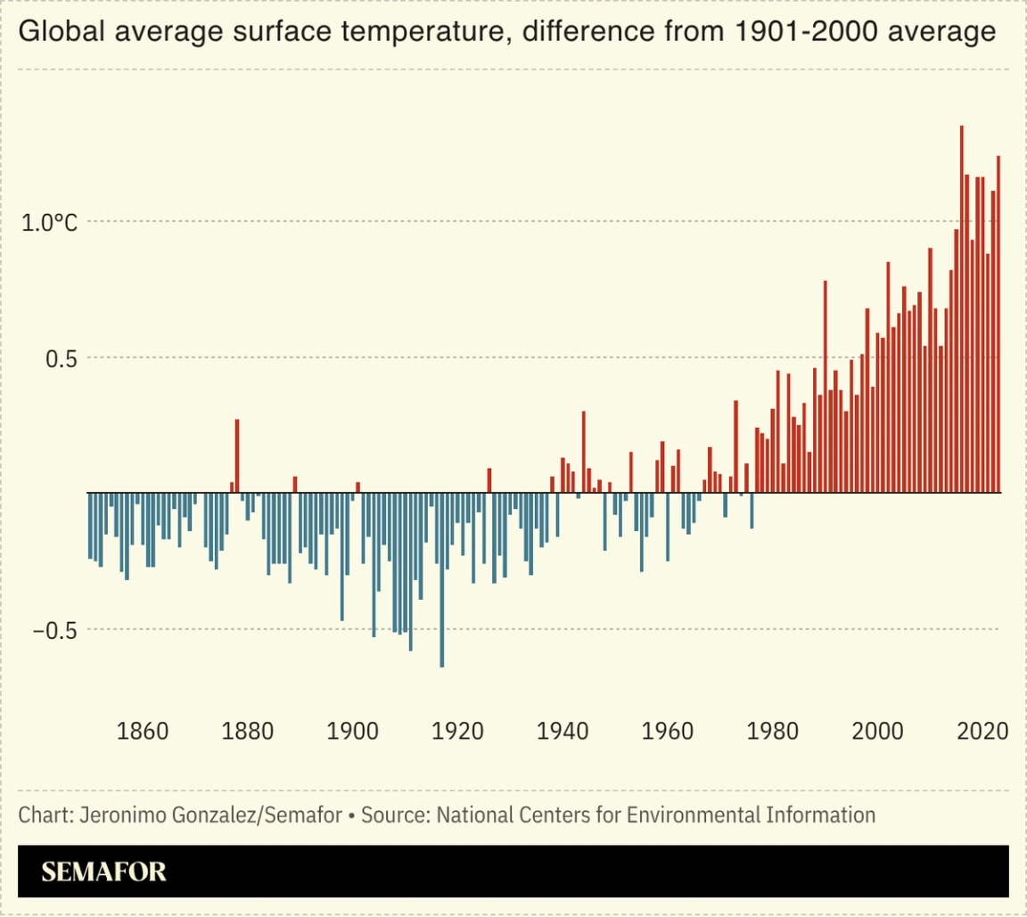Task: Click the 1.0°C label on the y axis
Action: click(50, 223)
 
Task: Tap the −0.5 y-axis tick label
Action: click(54, 630)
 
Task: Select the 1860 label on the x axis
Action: click(143, 732)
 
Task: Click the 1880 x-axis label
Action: click(248, 732)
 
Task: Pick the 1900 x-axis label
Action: click(353, 732)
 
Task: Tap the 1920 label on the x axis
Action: click(458, 732)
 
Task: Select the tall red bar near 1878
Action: click(237, 455)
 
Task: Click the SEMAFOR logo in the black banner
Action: click(104, 871)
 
